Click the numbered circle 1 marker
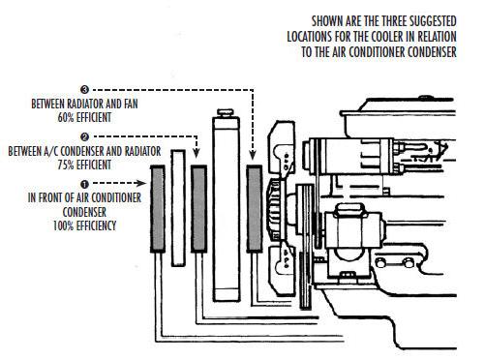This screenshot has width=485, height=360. click(84, 184)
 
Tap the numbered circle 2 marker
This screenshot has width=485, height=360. click(84, 137)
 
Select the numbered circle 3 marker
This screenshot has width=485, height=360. click(84, 89)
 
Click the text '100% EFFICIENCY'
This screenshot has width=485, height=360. click(84, 225)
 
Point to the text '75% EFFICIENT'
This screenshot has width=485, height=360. click(84, 165)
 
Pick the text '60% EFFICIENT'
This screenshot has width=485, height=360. click(84, 117)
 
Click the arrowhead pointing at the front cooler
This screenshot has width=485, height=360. click(140, 183)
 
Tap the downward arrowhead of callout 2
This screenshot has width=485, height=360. click(197, 152)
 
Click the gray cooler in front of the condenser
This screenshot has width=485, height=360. click(158, 209)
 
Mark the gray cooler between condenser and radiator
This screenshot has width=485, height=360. click(198, 209)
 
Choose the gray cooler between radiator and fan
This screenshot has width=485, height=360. click(255, 209)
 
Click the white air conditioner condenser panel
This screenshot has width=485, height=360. click(178, 208)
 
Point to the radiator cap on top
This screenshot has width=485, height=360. click(226, 112)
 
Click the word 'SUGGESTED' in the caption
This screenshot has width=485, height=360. click(433, 21)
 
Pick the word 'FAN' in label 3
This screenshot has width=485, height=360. click(131, 104)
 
